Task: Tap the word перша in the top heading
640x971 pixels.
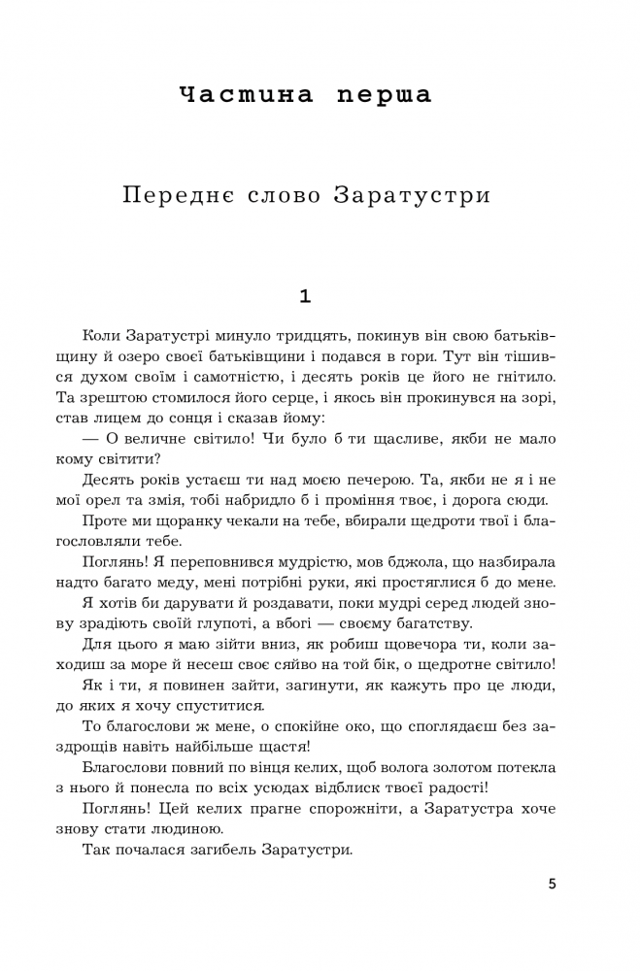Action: click(x=385, y=95)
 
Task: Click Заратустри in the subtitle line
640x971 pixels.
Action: click(x=412, y=194)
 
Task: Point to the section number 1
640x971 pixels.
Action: click(x=306, y=295)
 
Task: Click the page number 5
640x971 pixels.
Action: click(x=552, y=884)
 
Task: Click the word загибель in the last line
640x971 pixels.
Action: click(x=226, y=849)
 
